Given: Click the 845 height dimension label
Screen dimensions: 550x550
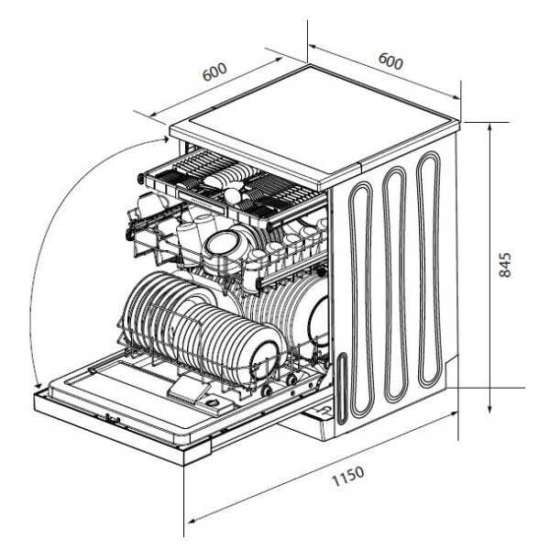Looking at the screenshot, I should (x=505, y=265).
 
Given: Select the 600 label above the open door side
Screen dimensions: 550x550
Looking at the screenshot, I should (x=215, y=73).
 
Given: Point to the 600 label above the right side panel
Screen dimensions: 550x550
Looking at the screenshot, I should (x=390, y=61).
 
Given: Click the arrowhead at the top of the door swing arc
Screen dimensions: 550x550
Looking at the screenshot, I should (x=166, y=138).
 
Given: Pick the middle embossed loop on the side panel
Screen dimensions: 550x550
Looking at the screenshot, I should (x=395, y=284).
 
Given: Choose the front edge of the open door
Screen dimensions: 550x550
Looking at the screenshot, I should (x=110, y=426).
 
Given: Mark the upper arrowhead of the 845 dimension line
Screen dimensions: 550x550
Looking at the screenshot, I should (x=491, y=126).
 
